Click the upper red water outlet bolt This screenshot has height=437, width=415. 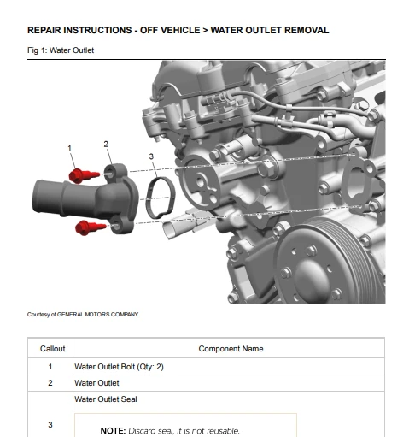click(x=84, y=175)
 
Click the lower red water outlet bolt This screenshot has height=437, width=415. click(x=91, y=227)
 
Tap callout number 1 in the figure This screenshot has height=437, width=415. click(x=69, y=148)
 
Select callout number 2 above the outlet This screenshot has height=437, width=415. click(x=106, y=145)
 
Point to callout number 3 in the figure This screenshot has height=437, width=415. click(x=151, y=156)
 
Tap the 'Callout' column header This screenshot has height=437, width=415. click(x=53, y=349)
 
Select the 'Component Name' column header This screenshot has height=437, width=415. click(x=231, y=349)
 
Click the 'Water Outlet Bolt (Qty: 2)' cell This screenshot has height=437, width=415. click(x=119, y=367)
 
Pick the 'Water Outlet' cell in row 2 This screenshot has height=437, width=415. click(x=96, y=383)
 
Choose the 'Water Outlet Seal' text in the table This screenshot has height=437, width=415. click(x=106, y=399)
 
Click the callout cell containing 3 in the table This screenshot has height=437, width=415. click(x=50, y=425)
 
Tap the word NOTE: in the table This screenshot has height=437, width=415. click(x=113, y=431)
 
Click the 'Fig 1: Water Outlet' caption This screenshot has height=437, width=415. click(x=61, y=50)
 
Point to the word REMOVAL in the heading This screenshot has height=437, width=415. click(x=307, y=30)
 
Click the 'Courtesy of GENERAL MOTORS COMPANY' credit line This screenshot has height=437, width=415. click(x=83, y=315)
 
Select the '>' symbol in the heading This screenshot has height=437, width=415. click(x=205, y=30)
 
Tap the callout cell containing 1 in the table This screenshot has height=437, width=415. click(x=50, y=367)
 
